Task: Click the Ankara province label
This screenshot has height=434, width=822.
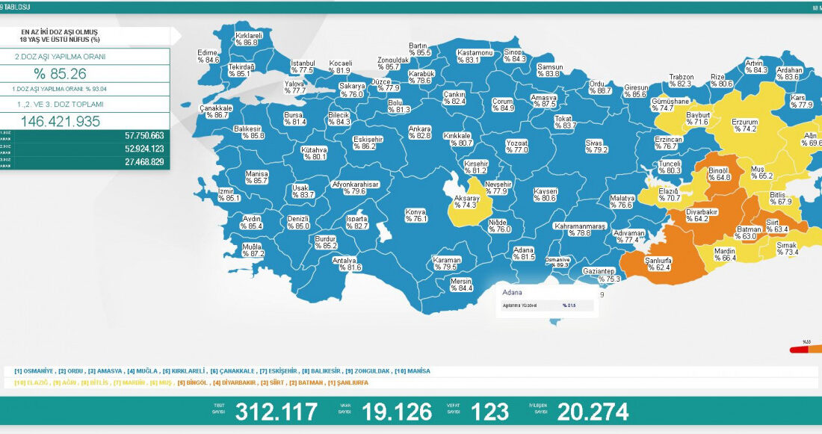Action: pyautogui.click(x=419, y=132)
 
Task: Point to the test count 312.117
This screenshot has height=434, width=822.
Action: pyautogui.click(x=276, y=412)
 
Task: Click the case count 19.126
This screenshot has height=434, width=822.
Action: pyautogui.click(x=396, y=412)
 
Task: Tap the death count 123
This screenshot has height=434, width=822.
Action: pyautogui.click(x=490, y=412)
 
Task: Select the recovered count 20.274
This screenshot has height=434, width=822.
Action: pyautogui.click(x=592, y=412)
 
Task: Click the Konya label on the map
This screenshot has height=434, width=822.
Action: pyautogui.click(x=415, y=215)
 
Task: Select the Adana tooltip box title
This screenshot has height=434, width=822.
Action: pyautogui.click(x=513, y=292)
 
